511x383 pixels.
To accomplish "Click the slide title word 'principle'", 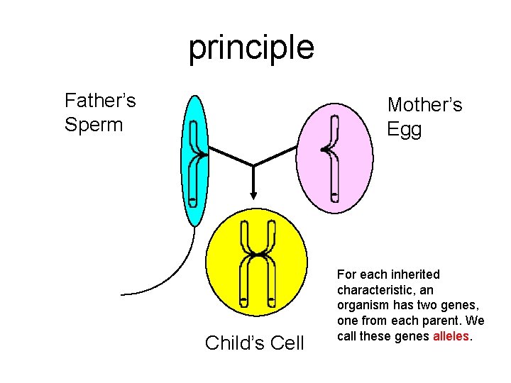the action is pyautogui.click(x=251, y=48).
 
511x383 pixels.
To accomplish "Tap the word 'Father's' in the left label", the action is pyautogui.click(x=100, y=100).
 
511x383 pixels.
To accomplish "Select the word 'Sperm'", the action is pyautogui.click(x=94, y=125).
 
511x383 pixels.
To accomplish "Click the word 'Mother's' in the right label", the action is pyautogui.click(x=424, y=105).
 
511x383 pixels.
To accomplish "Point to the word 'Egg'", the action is pyautogui.click(x=405, y=130).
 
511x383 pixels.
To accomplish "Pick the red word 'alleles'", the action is pyautogui.click(x=451, y=336).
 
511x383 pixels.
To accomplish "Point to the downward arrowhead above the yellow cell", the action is pyautogui.click(x=253, y=196).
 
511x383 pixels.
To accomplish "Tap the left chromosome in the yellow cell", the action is pyautogui.click(x=244, y=262).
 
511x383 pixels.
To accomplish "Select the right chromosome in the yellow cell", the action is pyautogui.click(x=270, y=262).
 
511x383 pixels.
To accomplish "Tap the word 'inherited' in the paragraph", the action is pyautogui.click(x=414, y=274).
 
